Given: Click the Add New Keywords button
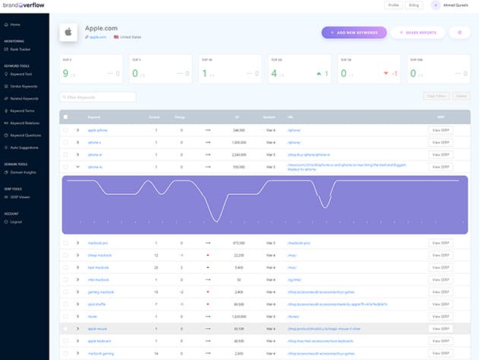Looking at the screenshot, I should (x=354, y=33).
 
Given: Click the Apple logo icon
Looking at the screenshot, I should (x=68, y=33).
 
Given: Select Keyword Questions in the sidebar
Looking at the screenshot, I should (x=26, y=135).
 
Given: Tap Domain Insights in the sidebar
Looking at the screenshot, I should (x=23, y=173).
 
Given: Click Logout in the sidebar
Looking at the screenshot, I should (x=16, y=221).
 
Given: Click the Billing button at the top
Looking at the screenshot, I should (x=414, y=5).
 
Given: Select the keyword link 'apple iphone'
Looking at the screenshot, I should (x=98, y=131).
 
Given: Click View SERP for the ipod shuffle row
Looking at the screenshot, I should (x=440, y=303).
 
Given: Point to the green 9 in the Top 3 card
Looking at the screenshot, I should (x=66, y=74).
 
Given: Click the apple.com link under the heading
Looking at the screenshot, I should (x=98, y=37).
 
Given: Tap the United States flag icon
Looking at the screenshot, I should (x=116, y=37).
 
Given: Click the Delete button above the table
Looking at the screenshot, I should (x=461, y=97).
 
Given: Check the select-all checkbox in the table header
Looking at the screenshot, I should (x=65, y=116).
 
